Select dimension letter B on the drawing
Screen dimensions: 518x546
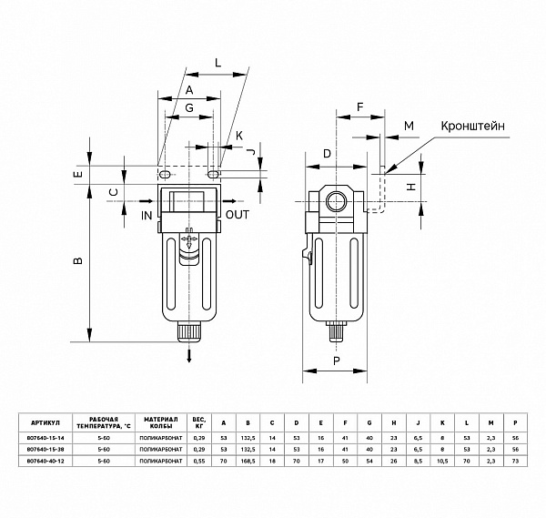coord(78,262)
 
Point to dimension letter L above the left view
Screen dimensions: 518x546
coord(217,62)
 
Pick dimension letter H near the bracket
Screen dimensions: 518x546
coord(411,186)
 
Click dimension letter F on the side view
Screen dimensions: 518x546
coord(359,107)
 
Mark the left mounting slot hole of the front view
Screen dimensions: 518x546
coord(164,173)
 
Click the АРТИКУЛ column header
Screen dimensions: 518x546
coord(45,423)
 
